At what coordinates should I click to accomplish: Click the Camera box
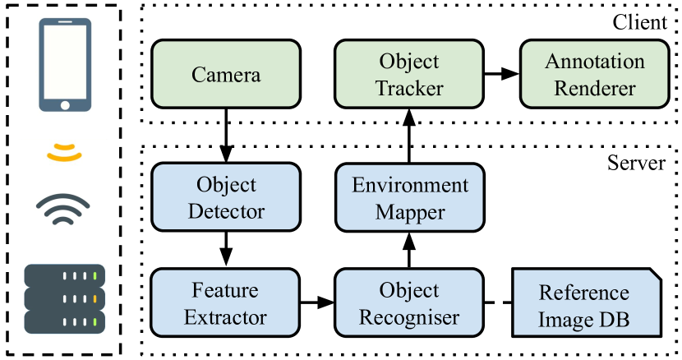(x=226, y=75)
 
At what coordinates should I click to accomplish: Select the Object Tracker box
(x=409, y=75)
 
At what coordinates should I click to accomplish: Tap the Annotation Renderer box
(x=594, y=75)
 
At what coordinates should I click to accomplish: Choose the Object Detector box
(x=226, y=197)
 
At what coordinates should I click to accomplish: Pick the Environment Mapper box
(x=409, y=197)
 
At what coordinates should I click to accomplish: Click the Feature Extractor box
(x=226, y=303)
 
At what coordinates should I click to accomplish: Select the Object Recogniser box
(x=409, y=303)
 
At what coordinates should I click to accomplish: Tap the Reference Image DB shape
(x=586, y=303)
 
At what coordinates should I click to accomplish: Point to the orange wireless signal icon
(x=65, y=152)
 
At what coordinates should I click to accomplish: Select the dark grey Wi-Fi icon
(x=62, y=210)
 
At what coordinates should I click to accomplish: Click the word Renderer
(x=594, y=87)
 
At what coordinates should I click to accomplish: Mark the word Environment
(x=409, y=185)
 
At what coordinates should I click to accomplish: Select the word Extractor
(x=226, y=316)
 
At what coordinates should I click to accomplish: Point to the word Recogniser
(x=409, y=316)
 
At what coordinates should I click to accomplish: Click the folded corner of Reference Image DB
(x=652, y=276)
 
